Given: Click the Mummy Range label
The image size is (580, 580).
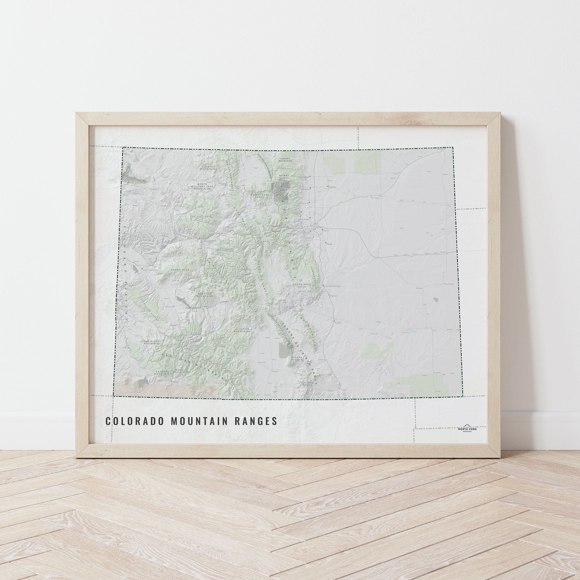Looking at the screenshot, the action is (x=284, y=177).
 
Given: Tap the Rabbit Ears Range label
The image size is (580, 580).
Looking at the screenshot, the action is (x=258, y=196).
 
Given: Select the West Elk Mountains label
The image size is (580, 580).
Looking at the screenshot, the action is (x=205, y=295).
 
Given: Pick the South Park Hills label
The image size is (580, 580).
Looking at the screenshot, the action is (x=300, y=285).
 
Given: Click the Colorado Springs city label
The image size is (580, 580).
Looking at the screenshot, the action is (x=332, y=286).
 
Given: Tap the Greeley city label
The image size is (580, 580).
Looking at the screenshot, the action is (x=332, y=187).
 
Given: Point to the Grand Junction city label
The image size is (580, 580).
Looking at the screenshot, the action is (x=150, y=270).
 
